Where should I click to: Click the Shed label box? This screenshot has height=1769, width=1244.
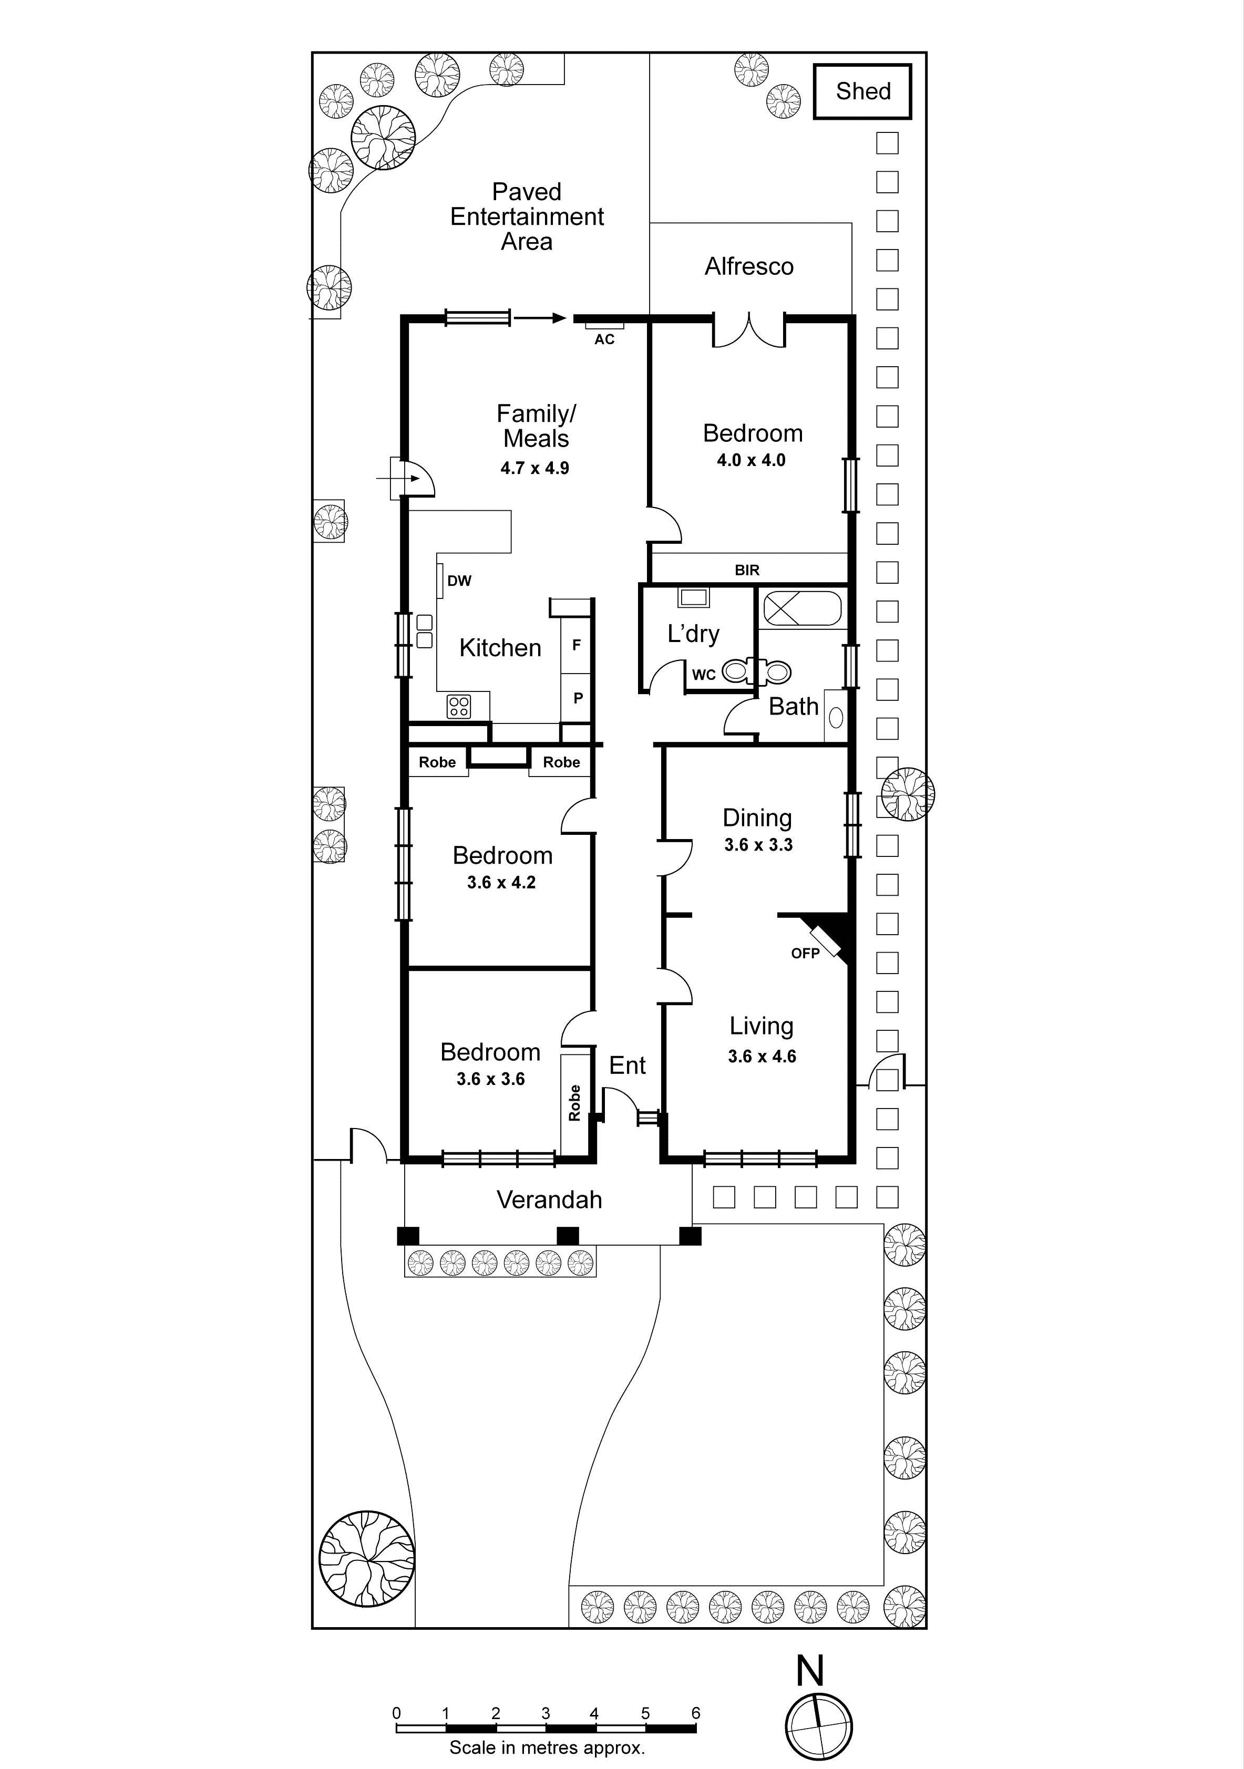coord(862,92)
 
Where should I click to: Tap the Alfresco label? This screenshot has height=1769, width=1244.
coord(748,266)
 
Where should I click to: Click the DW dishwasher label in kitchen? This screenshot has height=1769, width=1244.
coord(459,581)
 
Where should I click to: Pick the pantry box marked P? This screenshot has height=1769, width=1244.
coord(577,698)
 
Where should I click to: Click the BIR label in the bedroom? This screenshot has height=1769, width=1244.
coord(747,570)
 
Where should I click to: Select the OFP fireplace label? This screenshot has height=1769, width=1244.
coord(805,954)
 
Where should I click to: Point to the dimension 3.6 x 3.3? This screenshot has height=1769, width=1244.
coord(758,845)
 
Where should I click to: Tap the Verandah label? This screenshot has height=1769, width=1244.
coord(549,1199)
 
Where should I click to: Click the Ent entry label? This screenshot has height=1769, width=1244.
coord(626,1065)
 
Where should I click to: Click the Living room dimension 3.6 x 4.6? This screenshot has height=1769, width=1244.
coord(762,1057)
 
